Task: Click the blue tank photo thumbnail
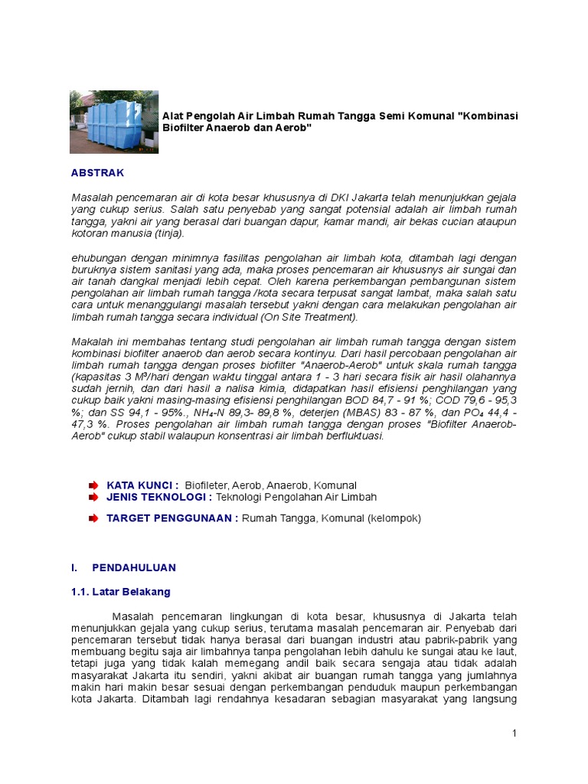point(113,122)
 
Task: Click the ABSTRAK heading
point(97,173)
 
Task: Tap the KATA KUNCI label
point(142,485)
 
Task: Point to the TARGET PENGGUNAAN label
point(172,518)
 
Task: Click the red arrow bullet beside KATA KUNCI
point(93,485)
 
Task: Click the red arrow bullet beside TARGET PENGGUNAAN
point(93,518)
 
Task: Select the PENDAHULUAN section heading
point(134,567)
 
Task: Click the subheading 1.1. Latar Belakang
point(120,592)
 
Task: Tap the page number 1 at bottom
point(515,734)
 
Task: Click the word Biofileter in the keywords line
point(207,485)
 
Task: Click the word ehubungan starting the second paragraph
point(97,257)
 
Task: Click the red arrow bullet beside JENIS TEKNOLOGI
point(93,497)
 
